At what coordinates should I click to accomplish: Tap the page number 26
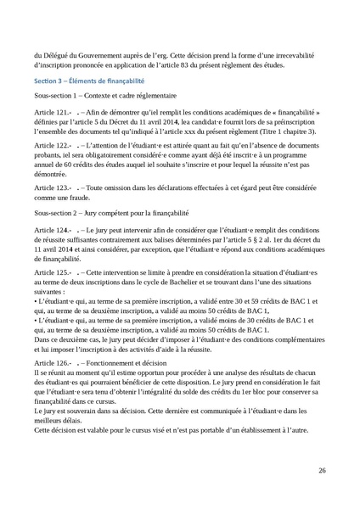(322, 469)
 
